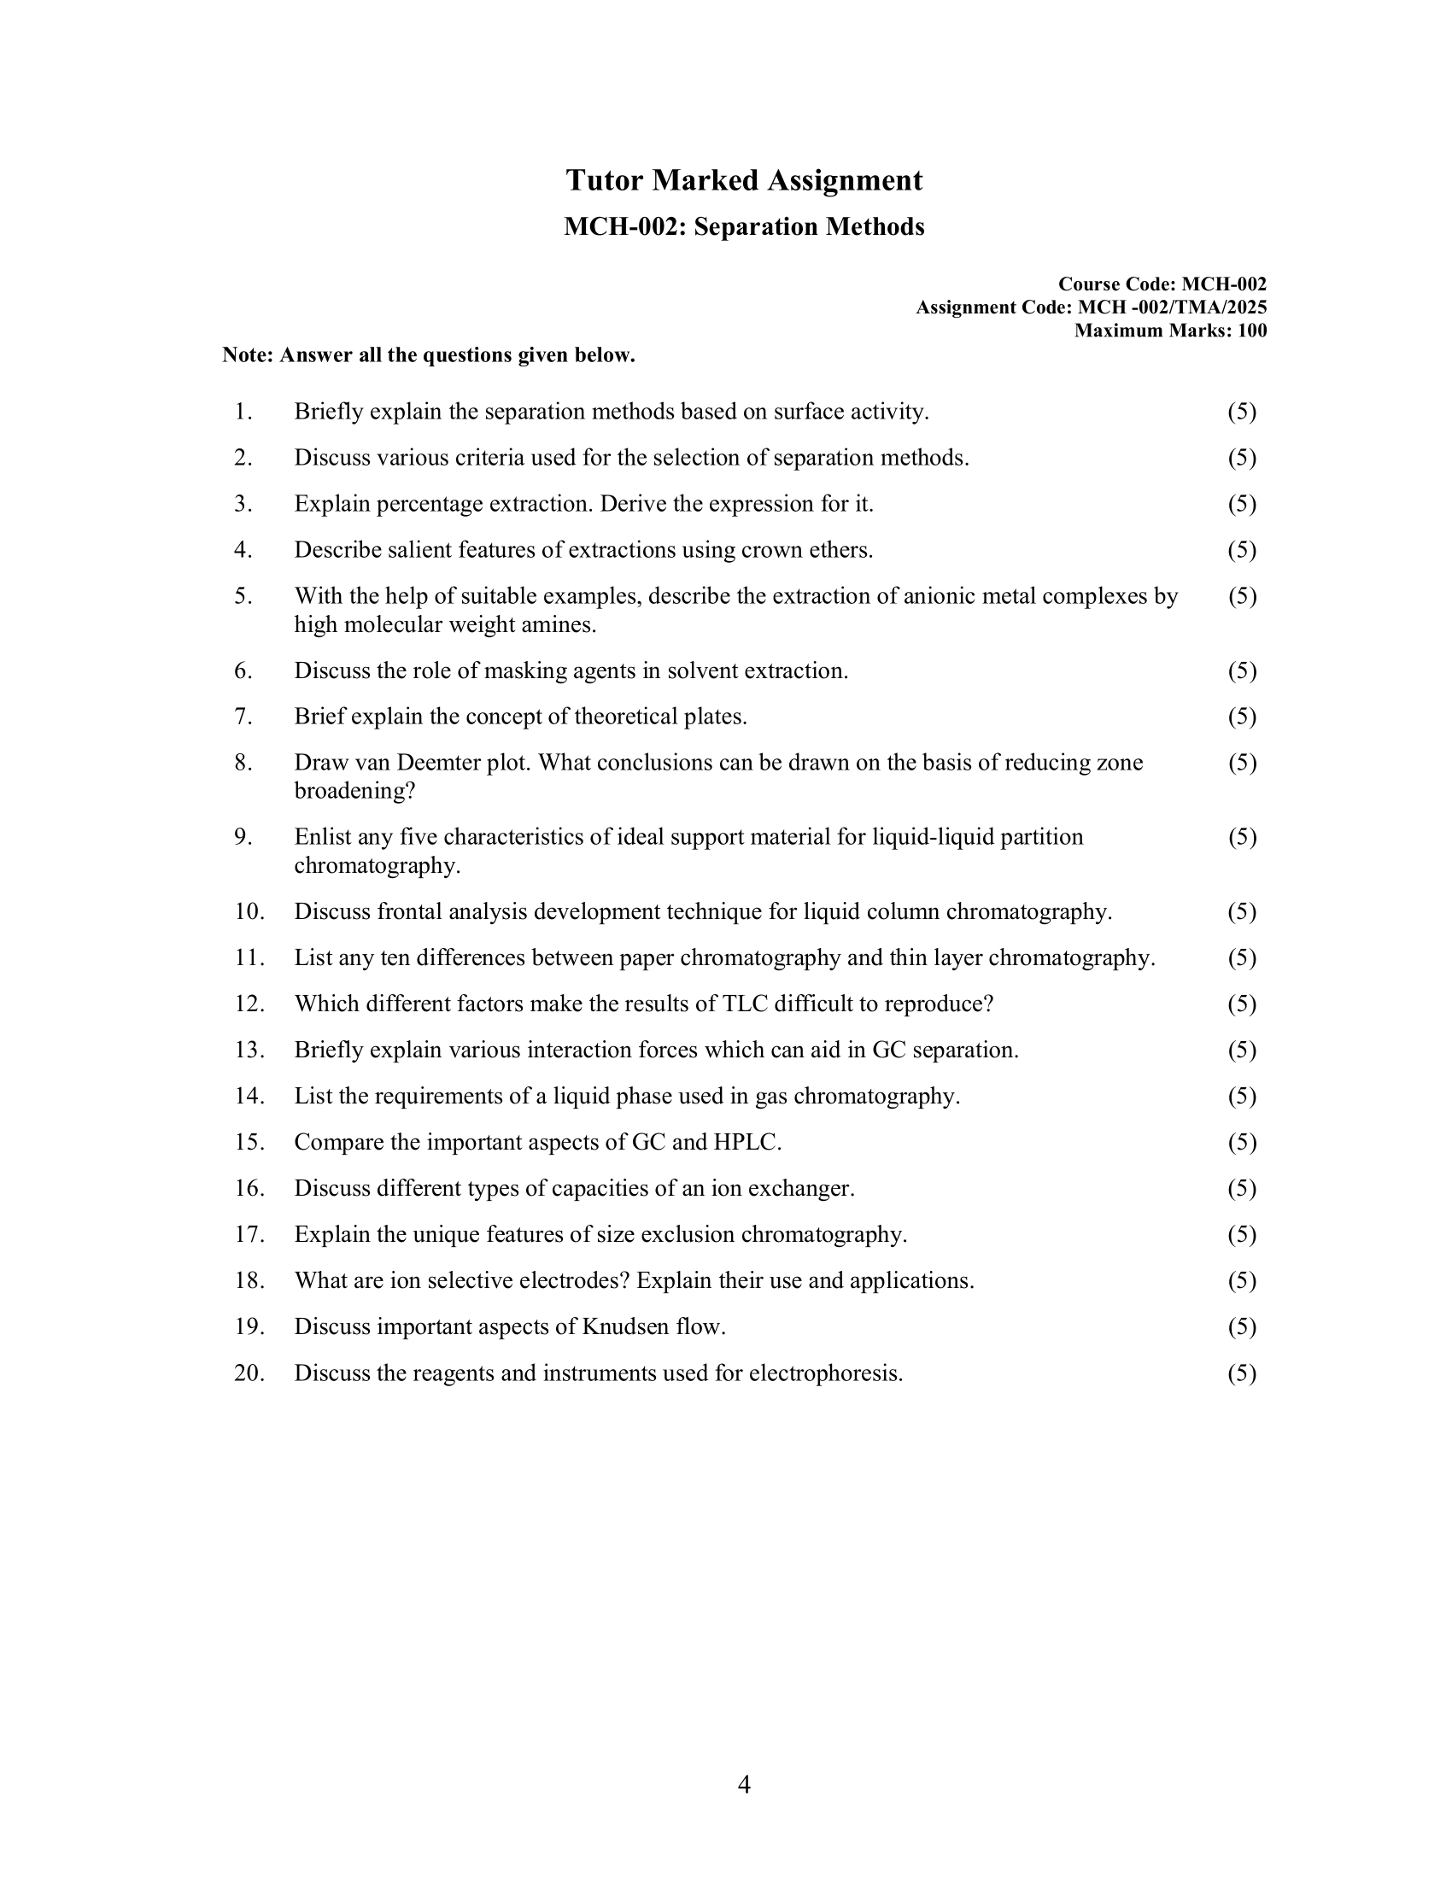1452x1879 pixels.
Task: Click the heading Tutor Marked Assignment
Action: [x=744, y=181]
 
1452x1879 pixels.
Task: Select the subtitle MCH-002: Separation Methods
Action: [x=744, y=227]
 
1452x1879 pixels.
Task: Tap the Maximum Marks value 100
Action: [x=1251, y=331]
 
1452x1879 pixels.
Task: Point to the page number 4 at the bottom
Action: [x=744, y=1784]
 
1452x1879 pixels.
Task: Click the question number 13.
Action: [x=249, y=1051]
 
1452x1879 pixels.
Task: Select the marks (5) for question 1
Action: [x=1241, y=413]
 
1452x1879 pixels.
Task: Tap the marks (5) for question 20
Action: [x=1241, y=1373]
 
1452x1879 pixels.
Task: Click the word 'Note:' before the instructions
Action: [x=248, y=356]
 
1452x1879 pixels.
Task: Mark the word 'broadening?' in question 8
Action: [x=354, y=792]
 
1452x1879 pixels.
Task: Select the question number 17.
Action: [x=249, y=1235]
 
